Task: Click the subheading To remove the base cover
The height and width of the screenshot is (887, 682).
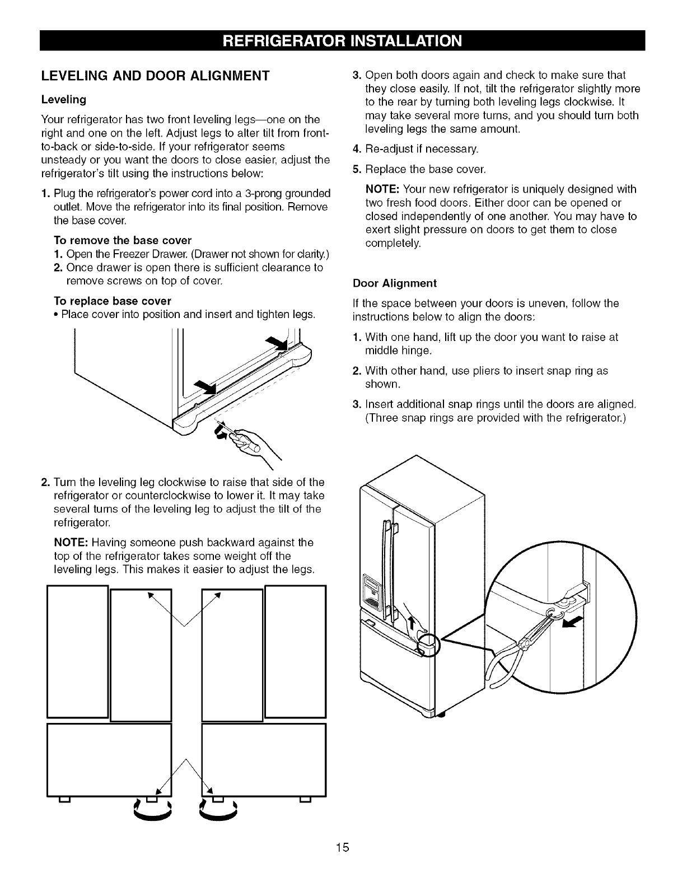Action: click(x=122, y=240)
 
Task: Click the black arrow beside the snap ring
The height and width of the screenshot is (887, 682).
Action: click(x=573, y=623)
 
